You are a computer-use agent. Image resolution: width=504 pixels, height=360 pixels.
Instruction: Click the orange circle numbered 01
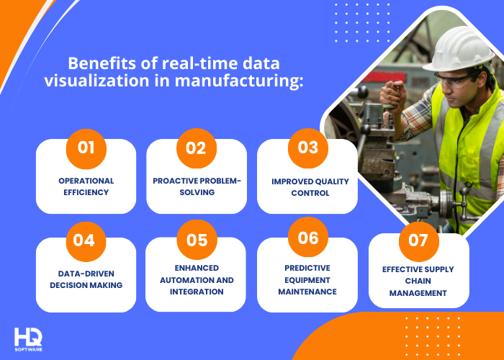click(x=86, y=148)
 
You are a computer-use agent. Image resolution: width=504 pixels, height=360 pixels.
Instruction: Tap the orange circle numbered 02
click(x=197, y=148)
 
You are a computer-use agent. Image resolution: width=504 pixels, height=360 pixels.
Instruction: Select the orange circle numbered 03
click(x=307, y=148)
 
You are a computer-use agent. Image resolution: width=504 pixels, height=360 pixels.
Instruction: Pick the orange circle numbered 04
click(x=84, y=240)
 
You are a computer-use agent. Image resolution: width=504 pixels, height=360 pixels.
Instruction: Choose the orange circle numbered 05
click(x=197, y=240)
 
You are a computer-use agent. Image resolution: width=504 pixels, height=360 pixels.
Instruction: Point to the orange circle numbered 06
click(x=307, y=238)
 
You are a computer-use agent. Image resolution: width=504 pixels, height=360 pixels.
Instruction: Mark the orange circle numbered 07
click(x=418, y=240)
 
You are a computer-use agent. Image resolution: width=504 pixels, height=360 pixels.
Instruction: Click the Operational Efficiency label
click(x=86, y=186)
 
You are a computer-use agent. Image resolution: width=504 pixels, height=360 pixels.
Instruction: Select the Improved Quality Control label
click(x=307, y=186)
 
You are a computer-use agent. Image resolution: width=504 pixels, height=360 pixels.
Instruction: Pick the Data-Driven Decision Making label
click(x=86, y=279)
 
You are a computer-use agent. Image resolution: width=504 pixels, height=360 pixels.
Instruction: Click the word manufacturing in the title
click(x=241, y=81)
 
